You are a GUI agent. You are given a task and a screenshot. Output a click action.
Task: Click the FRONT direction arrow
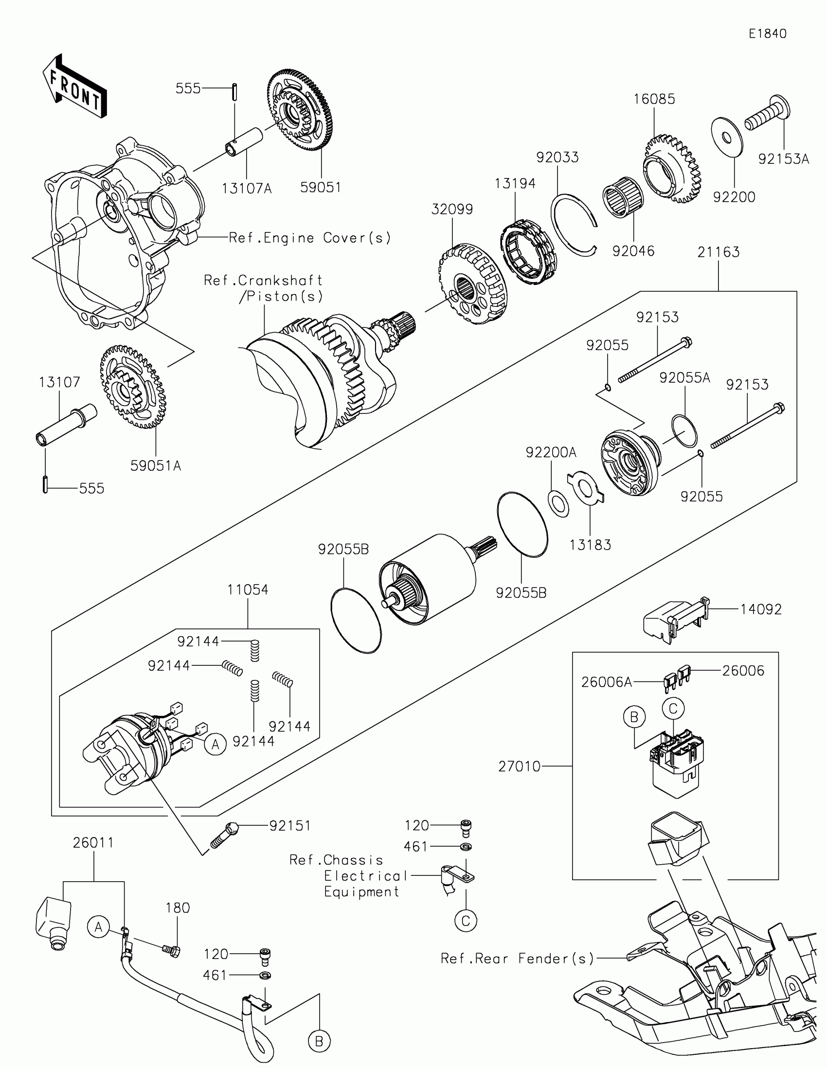(74, 87)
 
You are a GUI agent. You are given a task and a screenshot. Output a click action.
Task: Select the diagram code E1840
(767, 34)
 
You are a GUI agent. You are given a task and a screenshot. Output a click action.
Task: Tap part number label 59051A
(156, 466)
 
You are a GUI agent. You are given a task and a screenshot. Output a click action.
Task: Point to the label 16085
(654, 99)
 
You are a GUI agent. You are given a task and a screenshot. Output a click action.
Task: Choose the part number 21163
(718, 252)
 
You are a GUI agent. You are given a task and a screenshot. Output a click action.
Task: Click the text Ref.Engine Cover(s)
(310, 238)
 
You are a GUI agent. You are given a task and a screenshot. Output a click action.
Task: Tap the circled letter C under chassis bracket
(465, 921)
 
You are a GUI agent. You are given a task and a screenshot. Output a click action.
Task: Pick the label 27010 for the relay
(520, 766)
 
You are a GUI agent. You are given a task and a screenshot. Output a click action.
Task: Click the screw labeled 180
(171, 950)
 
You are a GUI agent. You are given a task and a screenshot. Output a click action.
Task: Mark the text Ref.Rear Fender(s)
(517, 959)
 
